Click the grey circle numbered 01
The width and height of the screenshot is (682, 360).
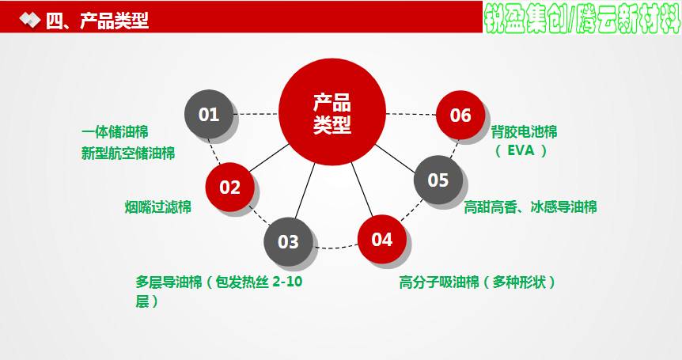(209, 115)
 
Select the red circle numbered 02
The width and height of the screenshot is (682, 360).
(229, 187)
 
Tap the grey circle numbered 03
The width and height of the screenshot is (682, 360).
(288, 242)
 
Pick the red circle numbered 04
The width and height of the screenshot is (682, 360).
(382, 239)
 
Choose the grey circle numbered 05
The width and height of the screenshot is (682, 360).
(438, 180)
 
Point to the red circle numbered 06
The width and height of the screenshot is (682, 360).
(460, 116)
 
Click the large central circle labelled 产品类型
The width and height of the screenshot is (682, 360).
(332, 112)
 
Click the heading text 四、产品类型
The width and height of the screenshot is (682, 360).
(97, 21)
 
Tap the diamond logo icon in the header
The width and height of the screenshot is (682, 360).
(29, 20)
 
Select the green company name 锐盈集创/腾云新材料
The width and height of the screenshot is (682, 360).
(582, 19)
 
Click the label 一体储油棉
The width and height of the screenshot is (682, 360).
(115, 132)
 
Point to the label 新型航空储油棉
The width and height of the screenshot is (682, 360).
(128, 153)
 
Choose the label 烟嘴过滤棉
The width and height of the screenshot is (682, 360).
(158, 207)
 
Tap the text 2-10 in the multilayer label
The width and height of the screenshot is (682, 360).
(287, 282)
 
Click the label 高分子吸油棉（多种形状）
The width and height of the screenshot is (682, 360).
(478, 282)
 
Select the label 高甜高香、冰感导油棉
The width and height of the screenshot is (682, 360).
(530, 207)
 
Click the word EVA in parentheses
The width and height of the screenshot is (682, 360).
(521, 150)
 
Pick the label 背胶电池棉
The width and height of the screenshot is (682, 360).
(524, 132)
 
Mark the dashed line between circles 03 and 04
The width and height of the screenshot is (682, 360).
(335, 248)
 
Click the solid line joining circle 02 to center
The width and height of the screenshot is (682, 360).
(269, 157)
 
